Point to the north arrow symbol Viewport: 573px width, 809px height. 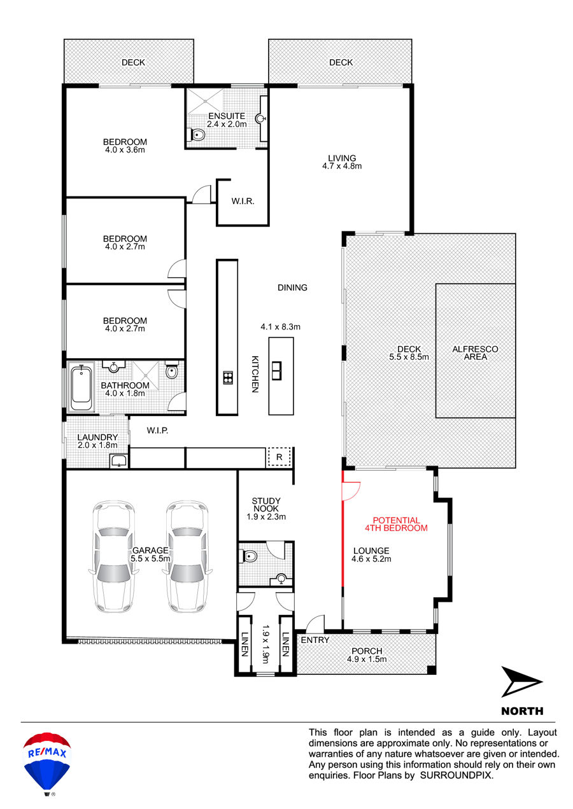(x=521, y=682)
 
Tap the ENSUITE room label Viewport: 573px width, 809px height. (x=227, y=116)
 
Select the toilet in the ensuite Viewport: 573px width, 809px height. (x=197, y=135)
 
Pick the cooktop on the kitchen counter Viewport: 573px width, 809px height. (x=228, y=377)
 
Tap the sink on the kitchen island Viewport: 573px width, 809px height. (x=277, y=370)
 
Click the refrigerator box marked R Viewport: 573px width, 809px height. (x=279, y=457)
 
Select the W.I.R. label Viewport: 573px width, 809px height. (x=243, y=201)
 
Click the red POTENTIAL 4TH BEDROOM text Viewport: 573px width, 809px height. (x=396, y=524)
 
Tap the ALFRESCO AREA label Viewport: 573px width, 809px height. (x=476, y=353)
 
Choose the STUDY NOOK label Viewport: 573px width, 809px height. (x=266, y=504)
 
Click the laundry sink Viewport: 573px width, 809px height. (x=118, y=460)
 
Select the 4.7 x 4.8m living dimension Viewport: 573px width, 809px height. (x=342, y=166)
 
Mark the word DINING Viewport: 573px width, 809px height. (x=292, y=287)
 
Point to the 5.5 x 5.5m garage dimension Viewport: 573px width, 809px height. (x=150, y=558)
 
